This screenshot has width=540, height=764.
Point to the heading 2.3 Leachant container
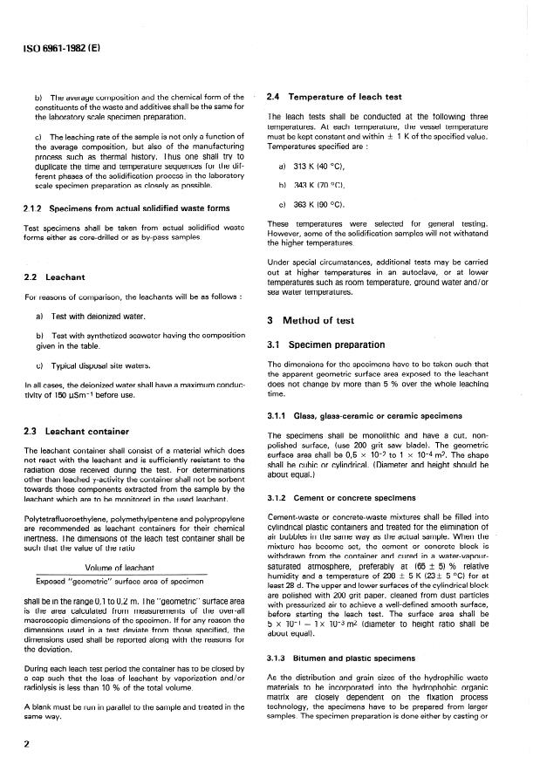coord(77,431)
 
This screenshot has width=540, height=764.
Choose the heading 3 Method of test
coord(314,320)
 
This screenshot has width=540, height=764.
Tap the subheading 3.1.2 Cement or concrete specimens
coord(347,498)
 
